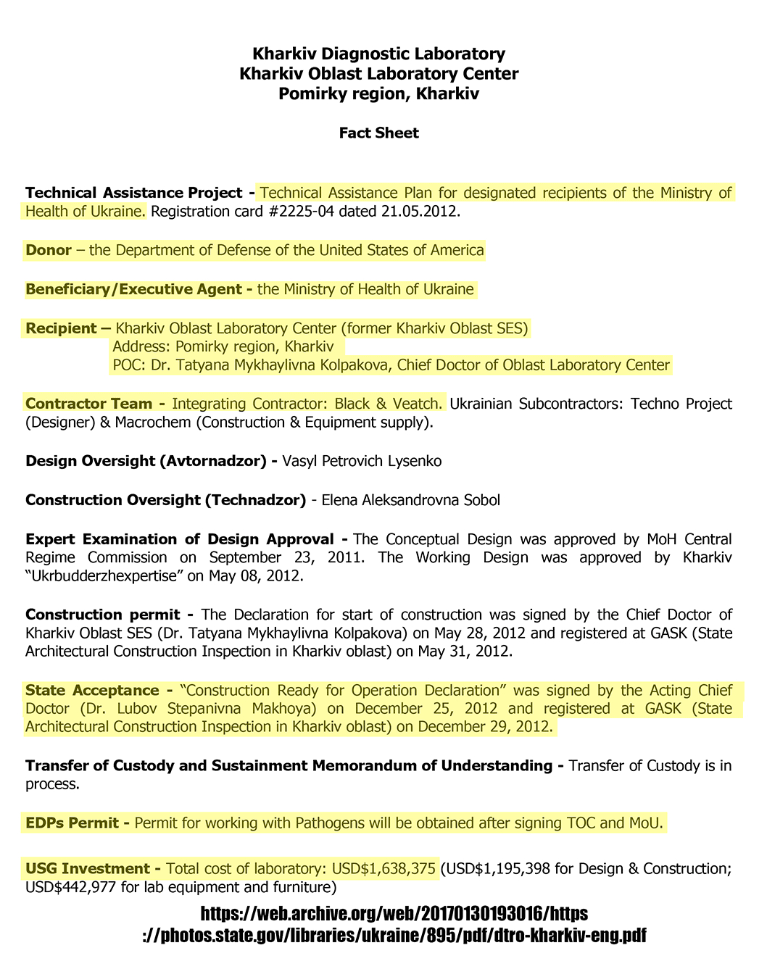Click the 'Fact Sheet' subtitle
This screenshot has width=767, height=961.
click(x=378, y=133)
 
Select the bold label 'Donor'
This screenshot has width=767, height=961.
click(x=49, y=250)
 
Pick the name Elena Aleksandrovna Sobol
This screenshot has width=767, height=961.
click(x=410, y=500)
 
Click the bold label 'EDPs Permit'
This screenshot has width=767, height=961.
click(x=77, y=824)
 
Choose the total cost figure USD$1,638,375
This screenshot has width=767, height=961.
click(x=384, y=868)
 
